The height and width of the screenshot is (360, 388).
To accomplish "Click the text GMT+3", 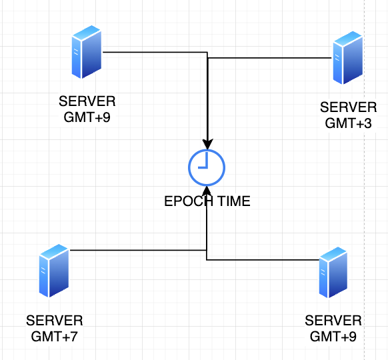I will (x=348, y=123).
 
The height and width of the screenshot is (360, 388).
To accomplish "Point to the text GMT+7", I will (x=55, y=336).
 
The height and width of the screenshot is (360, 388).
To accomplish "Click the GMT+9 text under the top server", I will (x=87, y=117).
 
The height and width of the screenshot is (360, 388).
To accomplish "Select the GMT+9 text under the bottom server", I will (x=333, y=336).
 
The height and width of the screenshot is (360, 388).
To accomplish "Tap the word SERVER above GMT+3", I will (x=348, y=107).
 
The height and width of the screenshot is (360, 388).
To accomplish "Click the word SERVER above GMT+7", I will (x=55, y=321).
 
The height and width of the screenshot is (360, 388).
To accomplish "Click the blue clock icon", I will (x=207, y=167).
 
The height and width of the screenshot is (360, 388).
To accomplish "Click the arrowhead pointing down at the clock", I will (x=208, y=143).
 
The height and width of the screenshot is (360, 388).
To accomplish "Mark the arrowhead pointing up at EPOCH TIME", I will (x=207, y=194).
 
